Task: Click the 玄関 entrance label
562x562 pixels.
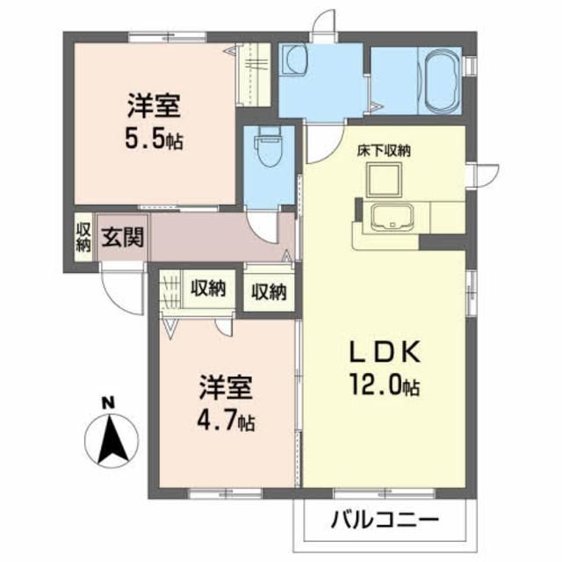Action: (x=119, y=238)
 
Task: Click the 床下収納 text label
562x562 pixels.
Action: (x=385, y=150)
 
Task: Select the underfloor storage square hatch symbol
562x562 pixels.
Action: (x=385, y=181)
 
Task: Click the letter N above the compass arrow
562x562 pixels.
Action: (x=107, y=401)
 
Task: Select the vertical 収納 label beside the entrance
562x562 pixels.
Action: (x=83, y=238)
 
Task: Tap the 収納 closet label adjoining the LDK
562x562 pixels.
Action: (x=270, y=292)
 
